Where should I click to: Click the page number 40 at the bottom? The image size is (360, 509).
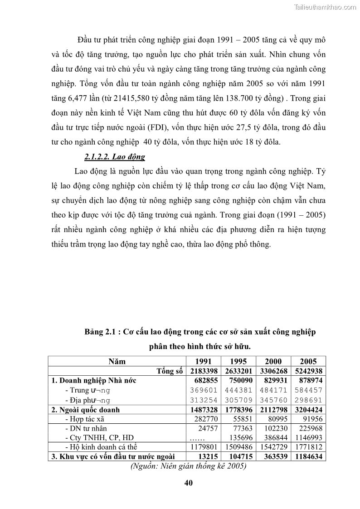(x=189, y=483)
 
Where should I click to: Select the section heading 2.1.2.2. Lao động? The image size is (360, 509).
(x=115, y=157)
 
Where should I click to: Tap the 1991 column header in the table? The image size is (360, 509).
(x=203, y=361)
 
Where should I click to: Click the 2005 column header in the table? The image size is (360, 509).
(x=308, y=361)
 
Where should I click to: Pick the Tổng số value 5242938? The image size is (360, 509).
(x=308, y=371)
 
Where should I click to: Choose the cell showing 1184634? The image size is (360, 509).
(x=308, y=456)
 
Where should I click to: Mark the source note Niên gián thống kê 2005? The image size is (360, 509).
(x=188, y=466)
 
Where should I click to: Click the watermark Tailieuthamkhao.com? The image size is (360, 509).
(x=326, y=7)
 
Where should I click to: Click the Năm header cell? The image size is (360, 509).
(x=117, y=361)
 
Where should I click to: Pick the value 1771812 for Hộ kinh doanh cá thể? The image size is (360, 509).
(x=308, y=447)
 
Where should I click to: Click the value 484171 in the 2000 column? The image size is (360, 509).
(x=273, y=390)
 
